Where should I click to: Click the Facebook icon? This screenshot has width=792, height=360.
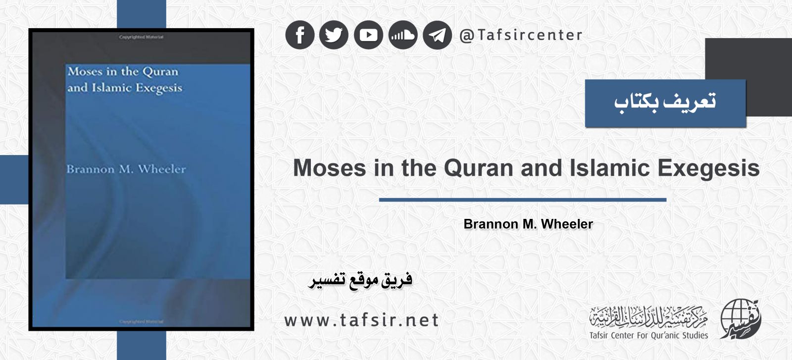300,35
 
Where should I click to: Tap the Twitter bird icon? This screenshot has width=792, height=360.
334,35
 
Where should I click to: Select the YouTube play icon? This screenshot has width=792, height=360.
368,35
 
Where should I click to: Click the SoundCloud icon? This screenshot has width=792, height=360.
403,35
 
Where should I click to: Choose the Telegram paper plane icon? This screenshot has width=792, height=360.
438,35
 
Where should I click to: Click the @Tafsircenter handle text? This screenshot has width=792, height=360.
521,35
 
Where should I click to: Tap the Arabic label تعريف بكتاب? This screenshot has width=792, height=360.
665,103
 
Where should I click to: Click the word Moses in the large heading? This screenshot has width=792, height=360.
330,168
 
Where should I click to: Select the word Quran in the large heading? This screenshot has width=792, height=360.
479,168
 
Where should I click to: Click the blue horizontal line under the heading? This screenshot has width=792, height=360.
523,200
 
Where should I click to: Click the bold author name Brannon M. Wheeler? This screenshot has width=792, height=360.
528,224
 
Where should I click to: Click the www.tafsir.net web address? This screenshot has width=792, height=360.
361,320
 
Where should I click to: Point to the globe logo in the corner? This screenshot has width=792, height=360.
741,319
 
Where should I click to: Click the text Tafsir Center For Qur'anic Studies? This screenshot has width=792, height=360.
648,335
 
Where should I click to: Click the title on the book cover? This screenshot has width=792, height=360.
125,80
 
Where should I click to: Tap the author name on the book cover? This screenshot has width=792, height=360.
126,169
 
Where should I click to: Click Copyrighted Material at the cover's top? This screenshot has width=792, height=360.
141,37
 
